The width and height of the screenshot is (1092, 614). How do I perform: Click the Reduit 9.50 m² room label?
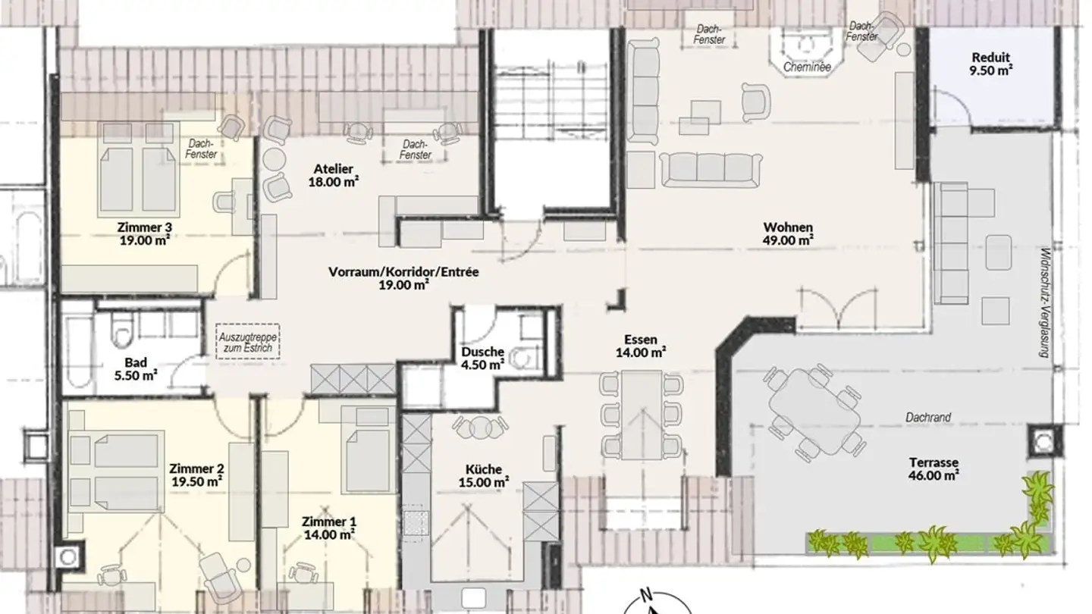click(992, 64)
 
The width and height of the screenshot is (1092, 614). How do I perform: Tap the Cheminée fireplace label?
click(807, 67)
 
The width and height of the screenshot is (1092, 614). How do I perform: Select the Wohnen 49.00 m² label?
click(788, 233)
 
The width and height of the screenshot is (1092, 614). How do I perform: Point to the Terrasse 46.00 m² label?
click(934, 468)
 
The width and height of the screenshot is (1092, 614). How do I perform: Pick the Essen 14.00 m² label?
click(641, 346)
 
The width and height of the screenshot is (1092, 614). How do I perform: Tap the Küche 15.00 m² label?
click(485, 475)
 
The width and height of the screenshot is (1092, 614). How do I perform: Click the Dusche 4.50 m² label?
click(482, 358)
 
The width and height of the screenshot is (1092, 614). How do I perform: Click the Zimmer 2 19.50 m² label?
click(196, 474)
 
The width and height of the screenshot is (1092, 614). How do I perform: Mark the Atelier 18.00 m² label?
click(334, 175)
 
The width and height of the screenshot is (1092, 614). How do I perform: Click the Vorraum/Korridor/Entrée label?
click(403, 278)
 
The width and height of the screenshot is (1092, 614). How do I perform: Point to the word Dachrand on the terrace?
click(927, 418)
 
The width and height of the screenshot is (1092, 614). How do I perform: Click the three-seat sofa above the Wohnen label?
click(710, 168)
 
